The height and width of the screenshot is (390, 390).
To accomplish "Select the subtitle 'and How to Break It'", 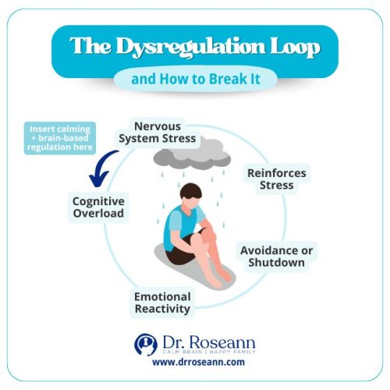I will click(194, 78).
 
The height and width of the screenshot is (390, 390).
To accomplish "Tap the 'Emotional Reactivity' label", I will click(161, 303).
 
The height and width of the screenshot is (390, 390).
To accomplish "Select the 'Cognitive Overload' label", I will click(98, 207).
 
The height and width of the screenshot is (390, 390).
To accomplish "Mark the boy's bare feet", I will click(217, 273).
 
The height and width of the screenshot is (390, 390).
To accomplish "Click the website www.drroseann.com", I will click(194, 363).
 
